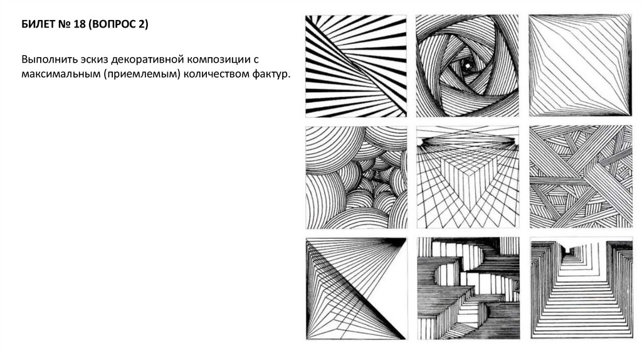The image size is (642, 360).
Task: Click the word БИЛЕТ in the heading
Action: [x=38, y=24]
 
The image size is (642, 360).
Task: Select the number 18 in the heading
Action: [x=80, y=24]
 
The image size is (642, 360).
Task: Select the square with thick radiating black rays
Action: [x=356, y=66]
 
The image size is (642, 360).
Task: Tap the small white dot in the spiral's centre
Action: [x=467, y=65]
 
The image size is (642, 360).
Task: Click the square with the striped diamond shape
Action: [x=580, y=65]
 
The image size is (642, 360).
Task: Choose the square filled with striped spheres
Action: [x=356, y=177]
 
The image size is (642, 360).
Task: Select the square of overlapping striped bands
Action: [x=581, y=176]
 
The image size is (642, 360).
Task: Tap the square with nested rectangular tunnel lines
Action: [x=581, y=288]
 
